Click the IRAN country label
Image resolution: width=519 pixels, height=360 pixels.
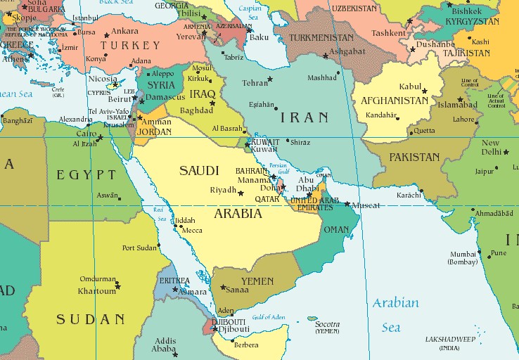[x=304, y=117]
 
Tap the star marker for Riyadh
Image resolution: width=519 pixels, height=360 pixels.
[x=241, y=192]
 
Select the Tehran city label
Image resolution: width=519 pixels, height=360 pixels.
[x=255, y=83]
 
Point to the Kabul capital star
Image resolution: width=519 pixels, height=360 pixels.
[x=424, y=91]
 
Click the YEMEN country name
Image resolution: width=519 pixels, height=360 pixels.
[x=257, y=281]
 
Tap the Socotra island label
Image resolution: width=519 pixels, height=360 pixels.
[x=327, y=324]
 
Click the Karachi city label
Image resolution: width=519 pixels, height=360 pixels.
[x=408, y=194]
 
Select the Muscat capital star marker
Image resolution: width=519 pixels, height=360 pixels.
[x=347, y=205]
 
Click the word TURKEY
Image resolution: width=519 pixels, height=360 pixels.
[x=124, y=46]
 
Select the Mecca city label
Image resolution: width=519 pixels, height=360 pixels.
[x=192, y=230]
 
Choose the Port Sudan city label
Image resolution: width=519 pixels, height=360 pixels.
[x=139, y=247]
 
